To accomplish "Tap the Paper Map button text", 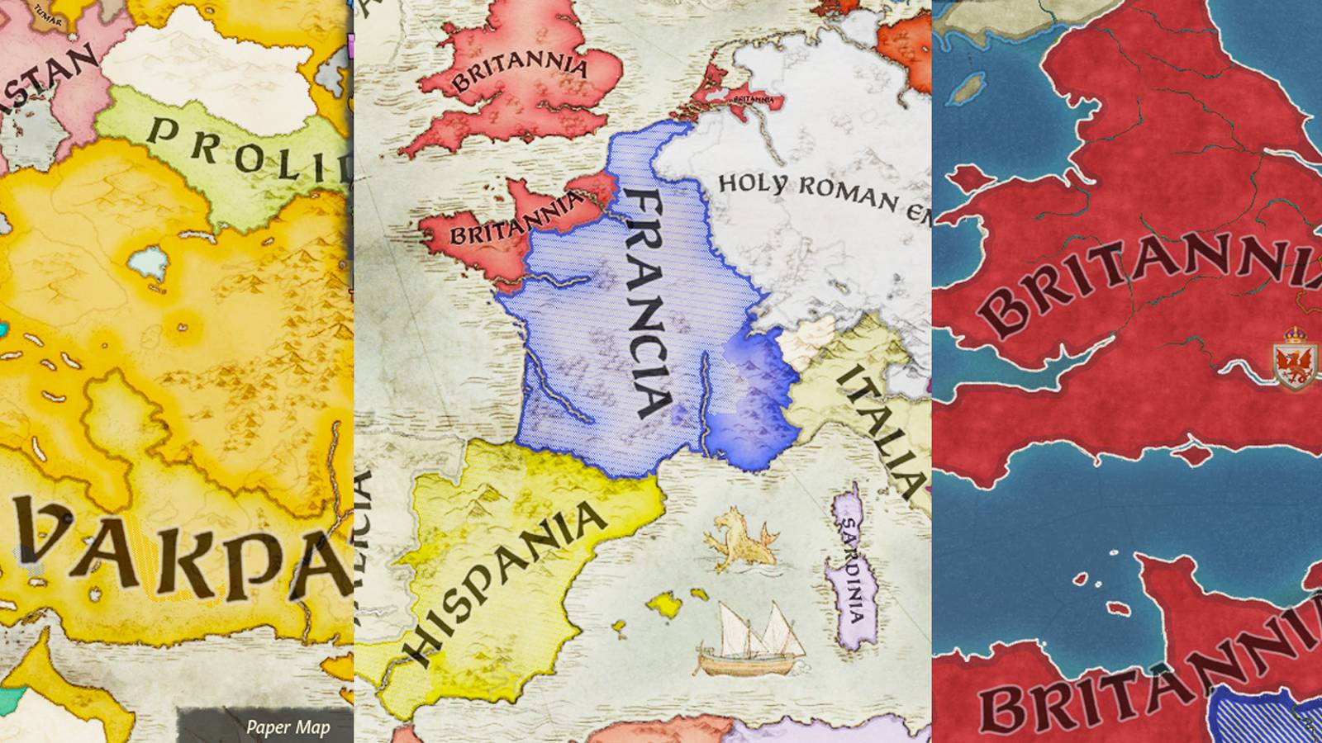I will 288,727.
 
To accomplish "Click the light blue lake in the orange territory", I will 149,262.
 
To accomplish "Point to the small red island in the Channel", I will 1194,452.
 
